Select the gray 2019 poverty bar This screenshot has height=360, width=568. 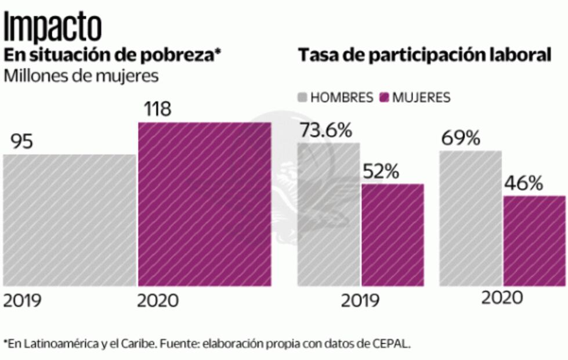tap(69, 220)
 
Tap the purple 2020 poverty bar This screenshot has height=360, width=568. tap(204, 204)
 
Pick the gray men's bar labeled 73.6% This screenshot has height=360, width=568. tap(328, 214)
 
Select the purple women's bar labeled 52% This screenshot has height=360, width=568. tap(393, 235)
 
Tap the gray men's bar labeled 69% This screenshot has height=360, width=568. tap(470, 218)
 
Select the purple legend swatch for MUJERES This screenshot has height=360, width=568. tap(384, 97)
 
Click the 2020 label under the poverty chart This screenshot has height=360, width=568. tap(158, 301)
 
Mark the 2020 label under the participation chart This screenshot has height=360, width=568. tap(502, 298)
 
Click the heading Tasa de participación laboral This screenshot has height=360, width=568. tap(424, 55)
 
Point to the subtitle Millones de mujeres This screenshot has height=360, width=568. tap(81, 75)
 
